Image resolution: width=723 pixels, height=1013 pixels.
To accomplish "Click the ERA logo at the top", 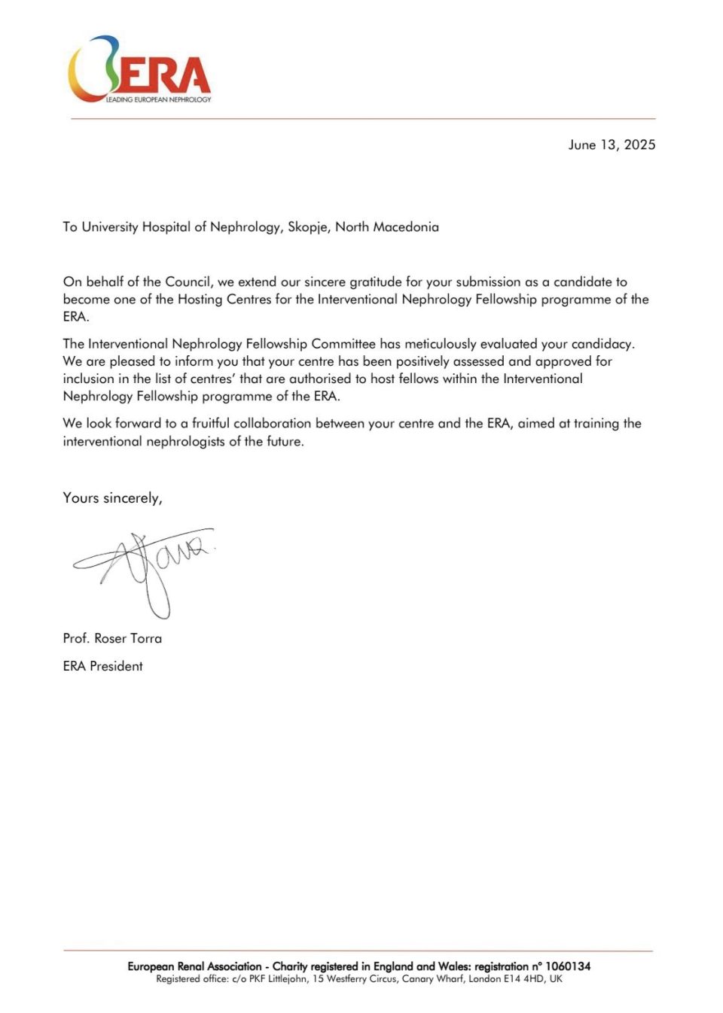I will (x=139, y=69).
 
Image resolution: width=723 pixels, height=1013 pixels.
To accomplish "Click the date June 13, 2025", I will (x=612, y=144).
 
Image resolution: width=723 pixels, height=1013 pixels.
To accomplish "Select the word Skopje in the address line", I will (x=308, y=227).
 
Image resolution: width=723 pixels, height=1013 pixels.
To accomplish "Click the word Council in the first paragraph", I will (x=188, y=282).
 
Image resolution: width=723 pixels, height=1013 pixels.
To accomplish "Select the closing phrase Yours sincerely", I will (x=112, y=498).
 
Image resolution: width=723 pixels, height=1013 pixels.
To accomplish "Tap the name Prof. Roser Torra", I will (x=112, y=638).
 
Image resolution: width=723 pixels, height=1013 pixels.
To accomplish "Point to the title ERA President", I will (x=103, y=666).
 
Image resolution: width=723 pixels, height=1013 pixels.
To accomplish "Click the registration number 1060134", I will (x=567, y=966).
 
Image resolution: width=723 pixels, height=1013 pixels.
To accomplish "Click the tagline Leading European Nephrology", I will (x=158, y=99).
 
